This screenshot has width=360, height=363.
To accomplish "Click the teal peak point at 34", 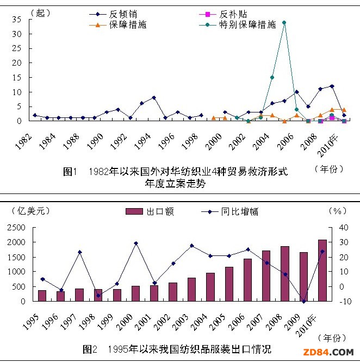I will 284,23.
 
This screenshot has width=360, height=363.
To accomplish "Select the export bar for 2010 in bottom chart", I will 322,270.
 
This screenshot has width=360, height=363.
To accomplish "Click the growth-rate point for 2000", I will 136,243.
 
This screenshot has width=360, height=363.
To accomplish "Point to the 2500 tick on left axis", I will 16,227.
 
